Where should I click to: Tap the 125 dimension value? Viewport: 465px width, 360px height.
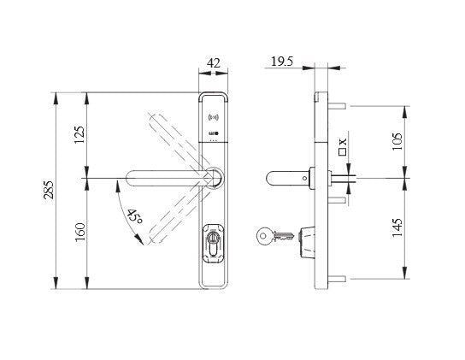(x=79, y=134)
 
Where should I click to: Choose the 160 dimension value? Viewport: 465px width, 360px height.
(x=79, y=233)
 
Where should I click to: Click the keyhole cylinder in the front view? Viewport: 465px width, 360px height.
(x=214, y=244)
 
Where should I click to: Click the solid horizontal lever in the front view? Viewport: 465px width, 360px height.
(x=171, y=178)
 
